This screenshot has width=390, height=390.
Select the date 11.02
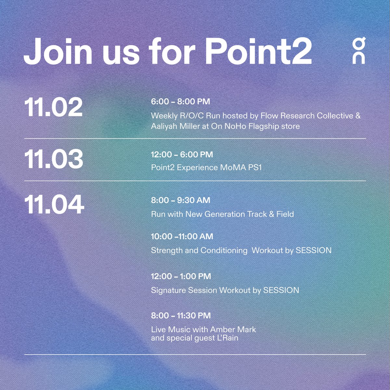pos(53,107)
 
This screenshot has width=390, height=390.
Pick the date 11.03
pos(54,159)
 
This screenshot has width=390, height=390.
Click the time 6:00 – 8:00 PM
pos(180,102)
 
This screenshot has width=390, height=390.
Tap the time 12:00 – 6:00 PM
pos(182,154)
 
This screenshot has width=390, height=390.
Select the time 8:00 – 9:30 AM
pos(180,200)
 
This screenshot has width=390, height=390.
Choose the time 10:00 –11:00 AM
pos(182,236)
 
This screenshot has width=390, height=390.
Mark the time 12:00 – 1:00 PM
pos(181,276)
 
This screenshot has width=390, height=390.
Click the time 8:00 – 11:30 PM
pos(181,316)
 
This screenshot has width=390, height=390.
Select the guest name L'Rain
pos(227,338)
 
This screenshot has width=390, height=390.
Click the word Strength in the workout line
pos(167,251)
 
